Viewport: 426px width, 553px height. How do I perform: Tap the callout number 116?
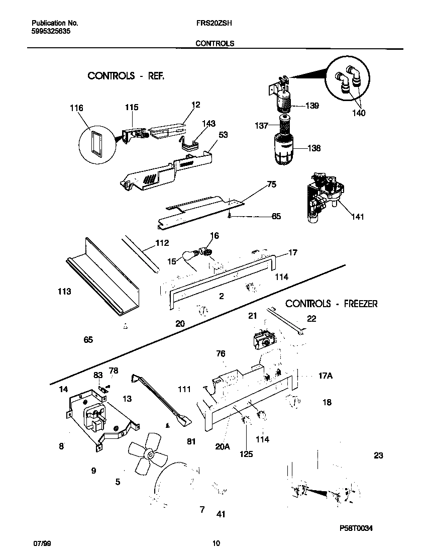pyautogui.click(x=77, y=108)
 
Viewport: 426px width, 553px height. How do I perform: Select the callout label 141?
pyautogui.click(x=358, y=217)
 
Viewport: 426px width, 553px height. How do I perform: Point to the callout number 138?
pyautogui.click(x=314, y=148)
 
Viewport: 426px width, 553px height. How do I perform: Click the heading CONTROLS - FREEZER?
pyautogui.click(x=331, y=304)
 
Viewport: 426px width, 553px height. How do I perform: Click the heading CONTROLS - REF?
pyautogui.click(x=126, y=76)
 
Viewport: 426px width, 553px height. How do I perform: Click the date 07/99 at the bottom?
pyautogui.click(x=42, y=543)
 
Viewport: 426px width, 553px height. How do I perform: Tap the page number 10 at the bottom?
pyautogui.click(x=216, y=543)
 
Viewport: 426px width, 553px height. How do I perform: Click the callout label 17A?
pyautogui.click(x=326, y=374)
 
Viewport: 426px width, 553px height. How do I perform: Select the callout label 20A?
pyautogui.click(x=222, y=445)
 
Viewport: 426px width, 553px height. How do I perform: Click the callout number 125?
pyautogui.click(x=246, y=453)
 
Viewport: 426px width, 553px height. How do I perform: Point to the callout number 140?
pyautogui.click(x=358, y=113)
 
